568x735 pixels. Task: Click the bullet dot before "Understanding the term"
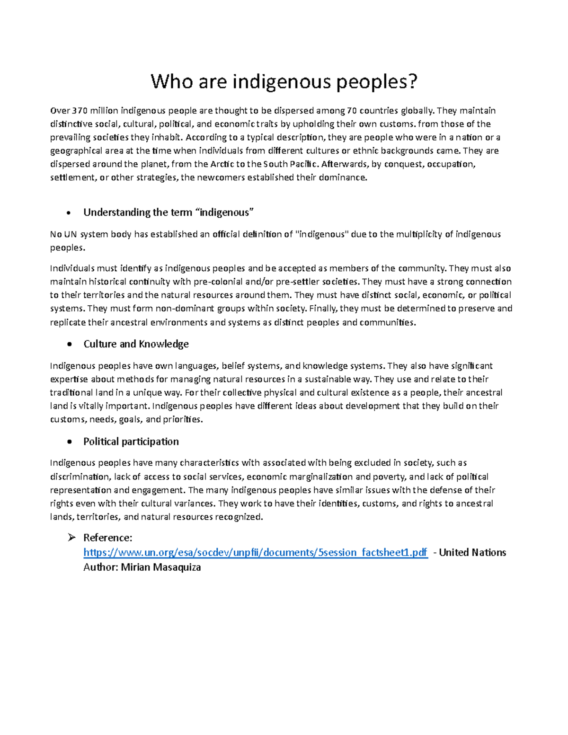point(70,213)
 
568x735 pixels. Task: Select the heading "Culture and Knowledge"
point(136,344)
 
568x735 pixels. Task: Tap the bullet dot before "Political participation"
point(70,442)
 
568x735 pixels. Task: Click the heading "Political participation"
point(131,442)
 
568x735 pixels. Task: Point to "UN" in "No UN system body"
point(70,234)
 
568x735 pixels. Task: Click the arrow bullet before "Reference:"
point(71,538)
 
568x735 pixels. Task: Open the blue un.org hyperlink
point(256,553)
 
